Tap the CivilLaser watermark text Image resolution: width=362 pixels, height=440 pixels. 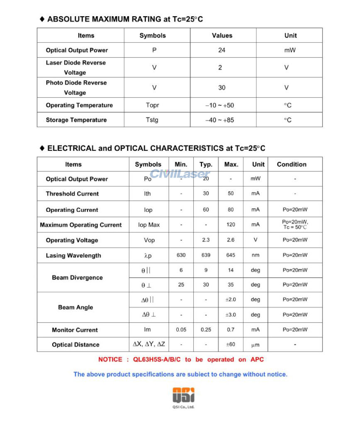180,174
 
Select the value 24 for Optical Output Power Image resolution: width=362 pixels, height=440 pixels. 222,50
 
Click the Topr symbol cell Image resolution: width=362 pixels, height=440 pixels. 153,105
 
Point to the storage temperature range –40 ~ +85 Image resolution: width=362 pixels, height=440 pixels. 219,120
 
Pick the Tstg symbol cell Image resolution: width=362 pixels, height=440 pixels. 152,120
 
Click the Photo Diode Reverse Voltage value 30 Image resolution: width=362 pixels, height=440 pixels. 222,87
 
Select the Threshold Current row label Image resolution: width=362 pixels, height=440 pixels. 72,194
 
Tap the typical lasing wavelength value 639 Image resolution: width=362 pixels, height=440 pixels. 206,255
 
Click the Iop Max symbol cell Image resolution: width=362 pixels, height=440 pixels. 149,225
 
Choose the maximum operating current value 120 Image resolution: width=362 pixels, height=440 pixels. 231,225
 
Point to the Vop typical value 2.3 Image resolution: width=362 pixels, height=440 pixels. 206,240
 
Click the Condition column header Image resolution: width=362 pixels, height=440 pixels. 292,164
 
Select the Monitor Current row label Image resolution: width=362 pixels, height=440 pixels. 75,330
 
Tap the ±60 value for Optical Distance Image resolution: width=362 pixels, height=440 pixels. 231,344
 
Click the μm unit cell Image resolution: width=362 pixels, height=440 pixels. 255,345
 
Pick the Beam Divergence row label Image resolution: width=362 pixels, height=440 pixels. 77,278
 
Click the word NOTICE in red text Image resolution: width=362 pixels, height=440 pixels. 110,360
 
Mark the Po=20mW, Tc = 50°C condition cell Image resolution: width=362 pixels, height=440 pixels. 295,225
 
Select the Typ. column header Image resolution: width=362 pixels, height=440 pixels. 206,164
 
